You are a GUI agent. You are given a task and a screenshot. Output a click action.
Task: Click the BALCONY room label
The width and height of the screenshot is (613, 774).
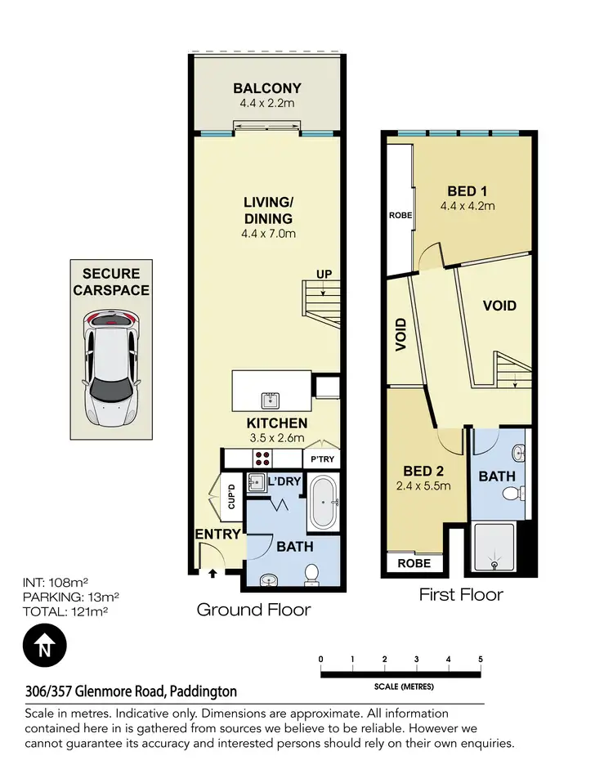(x=267, y=88)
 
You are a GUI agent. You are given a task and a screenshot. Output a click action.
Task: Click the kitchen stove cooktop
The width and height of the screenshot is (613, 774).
(x=265, y=459)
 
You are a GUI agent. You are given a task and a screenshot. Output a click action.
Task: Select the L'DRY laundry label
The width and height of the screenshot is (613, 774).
(x=284, y=482)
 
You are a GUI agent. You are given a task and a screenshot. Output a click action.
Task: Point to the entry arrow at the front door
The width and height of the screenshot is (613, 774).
(x=213, y=573)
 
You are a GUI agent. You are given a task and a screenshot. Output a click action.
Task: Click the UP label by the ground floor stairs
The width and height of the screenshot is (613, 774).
(x=324, y=275)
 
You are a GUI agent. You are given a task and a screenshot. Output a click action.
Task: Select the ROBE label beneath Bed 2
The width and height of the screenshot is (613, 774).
(x=414, y=563)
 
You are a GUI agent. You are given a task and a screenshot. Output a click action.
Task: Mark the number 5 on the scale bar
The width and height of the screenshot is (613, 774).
(x=480, y=660)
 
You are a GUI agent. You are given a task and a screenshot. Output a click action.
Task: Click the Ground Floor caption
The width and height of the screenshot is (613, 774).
(x=253, y=610)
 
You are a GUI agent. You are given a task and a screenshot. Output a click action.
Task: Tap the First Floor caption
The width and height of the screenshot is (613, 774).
(x=461, y=594)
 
